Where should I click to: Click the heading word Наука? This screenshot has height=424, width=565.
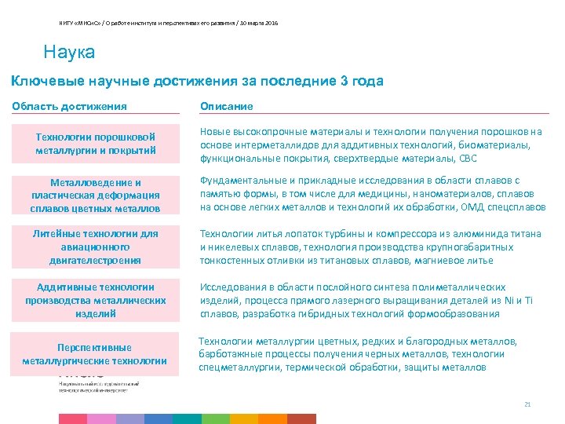pyautogui.click(x=70, y=53)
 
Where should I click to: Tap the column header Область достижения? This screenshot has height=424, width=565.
pyautogui.click(x=70, y=106)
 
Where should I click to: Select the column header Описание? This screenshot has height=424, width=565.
pyautogui.click(x=227, y=106)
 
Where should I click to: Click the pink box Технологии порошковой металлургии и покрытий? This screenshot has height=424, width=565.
pyautogui.click(x=96, y=144)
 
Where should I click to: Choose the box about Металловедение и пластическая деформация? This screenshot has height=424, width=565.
pyautogui.click(x=96, y=196)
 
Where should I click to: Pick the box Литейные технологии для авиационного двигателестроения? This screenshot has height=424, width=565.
pyautogui.click(x=96, y=247)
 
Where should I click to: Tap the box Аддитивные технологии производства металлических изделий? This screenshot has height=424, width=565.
pyautogui.click(x=96, y=300)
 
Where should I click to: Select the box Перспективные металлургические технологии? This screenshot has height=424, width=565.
pyautogui.click(x=95, y=354)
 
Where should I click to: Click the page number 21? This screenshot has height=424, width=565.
pyautogui.click(x=527, y=404)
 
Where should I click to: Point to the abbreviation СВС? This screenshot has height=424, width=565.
pyautogui.click(x=468, y=158)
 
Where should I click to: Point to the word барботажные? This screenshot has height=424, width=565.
pyautogui.click(x=229, y=354)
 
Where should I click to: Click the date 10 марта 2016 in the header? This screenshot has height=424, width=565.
pyautogui.click(x=259, y=23)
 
